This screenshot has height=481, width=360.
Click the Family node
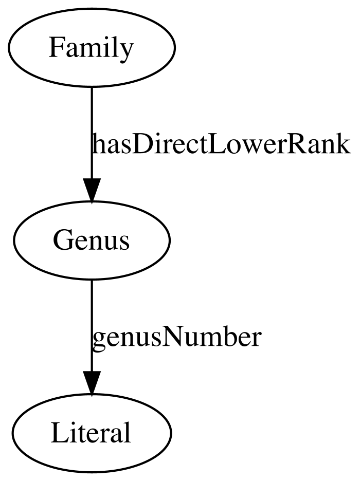[92, 48]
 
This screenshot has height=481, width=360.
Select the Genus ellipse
[92, 240]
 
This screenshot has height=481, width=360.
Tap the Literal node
[92, 433]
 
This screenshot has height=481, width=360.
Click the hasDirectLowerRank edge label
[221, 144]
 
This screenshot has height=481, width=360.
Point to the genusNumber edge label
[177, 338]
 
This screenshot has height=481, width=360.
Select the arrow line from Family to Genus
[92, 144]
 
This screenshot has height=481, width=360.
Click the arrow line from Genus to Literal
[92, 337]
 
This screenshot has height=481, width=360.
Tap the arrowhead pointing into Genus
[92, 190]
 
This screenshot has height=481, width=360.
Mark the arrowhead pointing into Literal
[92, 382]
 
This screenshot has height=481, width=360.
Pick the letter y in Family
[127, 51]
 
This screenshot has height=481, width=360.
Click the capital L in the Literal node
[59, 433]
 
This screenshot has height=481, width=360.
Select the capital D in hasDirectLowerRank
[141, 144]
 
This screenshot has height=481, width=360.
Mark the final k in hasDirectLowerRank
[343, 143]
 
